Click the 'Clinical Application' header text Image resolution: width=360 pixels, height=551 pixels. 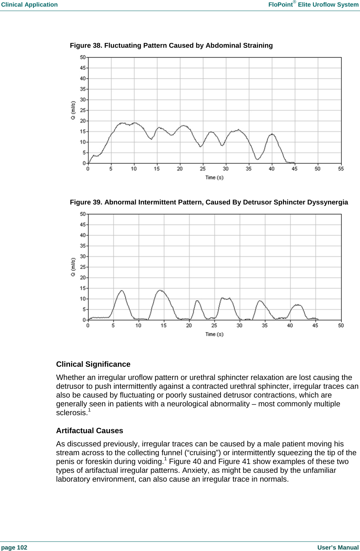coord(29,5)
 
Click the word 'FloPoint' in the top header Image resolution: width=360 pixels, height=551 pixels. coord(280,5)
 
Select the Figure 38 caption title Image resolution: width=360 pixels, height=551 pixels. coord(171,46)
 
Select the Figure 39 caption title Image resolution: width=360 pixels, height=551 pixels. coord(209,202)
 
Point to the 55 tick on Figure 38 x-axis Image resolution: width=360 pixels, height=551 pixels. coord(341,169)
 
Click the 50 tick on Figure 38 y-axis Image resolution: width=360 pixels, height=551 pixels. coord(83,57)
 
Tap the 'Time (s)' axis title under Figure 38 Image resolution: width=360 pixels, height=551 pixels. coord(214,178)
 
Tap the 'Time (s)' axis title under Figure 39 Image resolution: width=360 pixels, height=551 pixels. coord(214,334)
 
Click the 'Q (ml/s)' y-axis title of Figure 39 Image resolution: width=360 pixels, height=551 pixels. coord(73,267)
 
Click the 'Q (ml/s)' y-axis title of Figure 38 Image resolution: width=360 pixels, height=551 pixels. coord(73,110)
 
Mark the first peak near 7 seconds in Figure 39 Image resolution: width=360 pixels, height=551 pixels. coord(121,291)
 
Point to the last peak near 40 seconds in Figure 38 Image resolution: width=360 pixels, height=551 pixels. coord(272,134)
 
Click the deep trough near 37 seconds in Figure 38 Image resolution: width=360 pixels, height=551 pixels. coord(258,159)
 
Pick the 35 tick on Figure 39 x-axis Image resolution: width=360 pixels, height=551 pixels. coord(265,326)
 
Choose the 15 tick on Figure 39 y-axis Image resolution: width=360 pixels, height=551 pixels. coord(83,288)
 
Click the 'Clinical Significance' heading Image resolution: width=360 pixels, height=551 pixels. coord(93,364)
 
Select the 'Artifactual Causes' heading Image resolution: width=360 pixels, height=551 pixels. coord(90,431)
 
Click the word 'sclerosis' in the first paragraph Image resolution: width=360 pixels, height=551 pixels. coord(72,413)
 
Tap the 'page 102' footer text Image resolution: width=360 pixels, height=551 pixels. coord(14,547)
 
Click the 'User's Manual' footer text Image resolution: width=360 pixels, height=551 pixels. coord(338,547)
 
